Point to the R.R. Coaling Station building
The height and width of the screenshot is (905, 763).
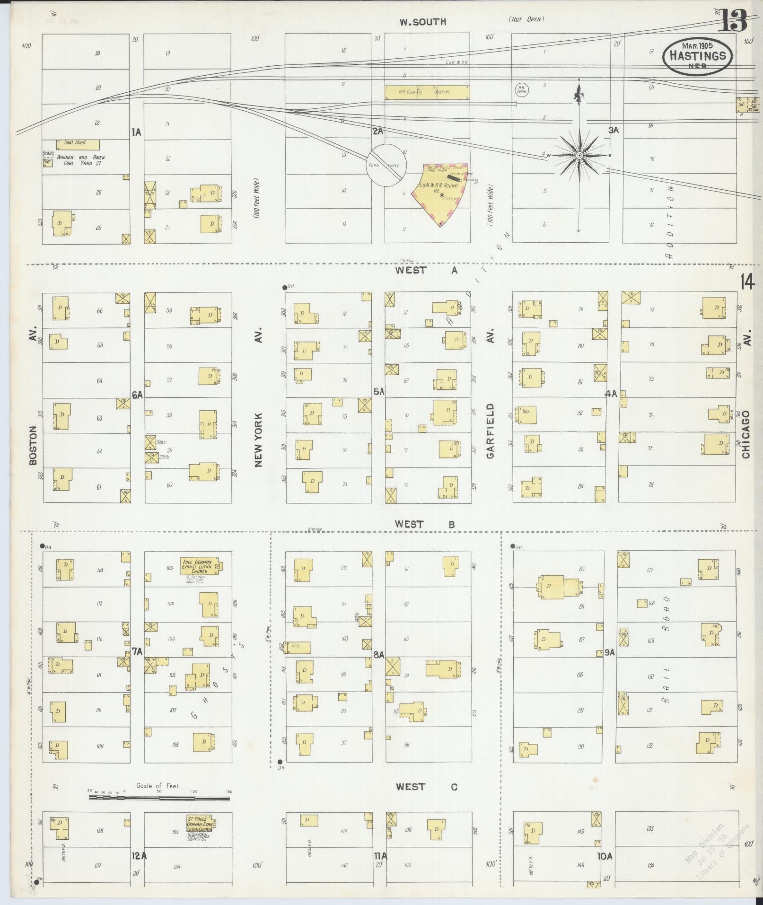coord(427,92)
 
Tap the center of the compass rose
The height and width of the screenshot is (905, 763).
coord(579,155)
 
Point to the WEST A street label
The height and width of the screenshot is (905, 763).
coord(427,270)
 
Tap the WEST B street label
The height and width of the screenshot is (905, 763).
coord(425,524)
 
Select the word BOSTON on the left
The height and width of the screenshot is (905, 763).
coord(33,445)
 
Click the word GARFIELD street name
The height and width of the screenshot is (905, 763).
coord(490,431)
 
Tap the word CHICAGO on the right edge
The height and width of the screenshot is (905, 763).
coord(746,434)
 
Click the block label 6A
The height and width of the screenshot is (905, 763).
coord(137,395)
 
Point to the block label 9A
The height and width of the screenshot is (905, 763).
coord(609,652)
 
